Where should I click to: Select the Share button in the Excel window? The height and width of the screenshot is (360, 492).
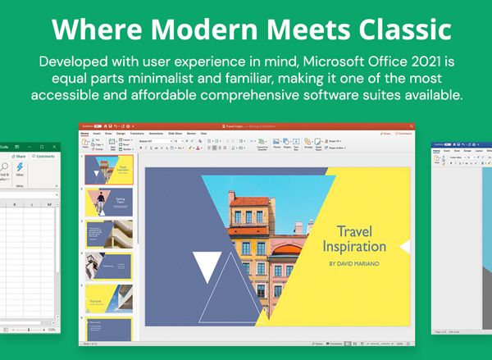click(18, 156)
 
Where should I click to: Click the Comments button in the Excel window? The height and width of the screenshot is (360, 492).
click(44, 156)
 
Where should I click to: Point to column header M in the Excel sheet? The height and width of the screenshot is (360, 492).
click(49, 204)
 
